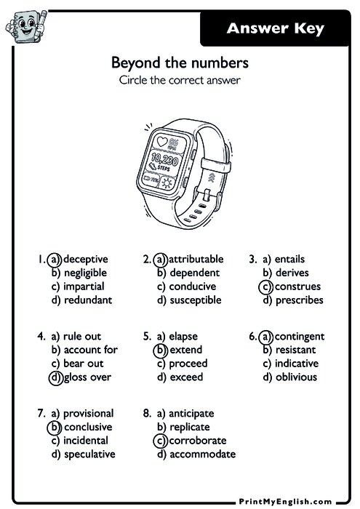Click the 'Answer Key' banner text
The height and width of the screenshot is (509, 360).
[276, 28]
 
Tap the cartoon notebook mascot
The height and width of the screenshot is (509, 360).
[26, 26]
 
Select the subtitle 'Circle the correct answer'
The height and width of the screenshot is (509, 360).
[180, 80]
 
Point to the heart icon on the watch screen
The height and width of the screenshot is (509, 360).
[162, 142]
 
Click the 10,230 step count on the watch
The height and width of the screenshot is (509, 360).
[165, 159]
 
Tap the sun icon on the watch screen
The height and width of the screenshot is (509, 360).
[167, 183]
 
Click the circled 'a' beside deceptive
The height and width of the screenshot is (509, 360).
[55, 260]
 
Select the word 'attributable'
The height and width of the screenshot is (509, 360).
[196, 259]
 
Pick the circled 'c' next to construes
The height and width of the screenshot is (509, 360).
[266, 286]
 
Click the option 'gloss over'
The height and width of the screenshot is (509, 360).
[88, 377]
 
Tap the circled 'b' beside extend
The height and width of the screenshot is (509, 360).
[160, 350]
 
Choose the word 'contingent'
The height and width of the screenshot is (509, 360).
[300, 337]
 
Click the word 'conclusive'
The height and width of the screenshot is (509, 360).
[88, 427]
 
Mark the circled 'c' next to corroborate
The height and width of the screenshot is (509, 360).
[160, 441]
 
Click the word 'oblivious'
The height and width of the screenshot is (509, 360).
[297, 377]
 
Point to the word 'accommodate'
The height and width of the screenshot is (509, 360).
[203, 454]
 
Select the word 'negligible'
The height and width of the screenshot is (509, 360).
[85, 273]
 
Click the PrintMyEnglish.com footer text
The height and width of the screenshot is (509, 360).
[285, 502]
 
